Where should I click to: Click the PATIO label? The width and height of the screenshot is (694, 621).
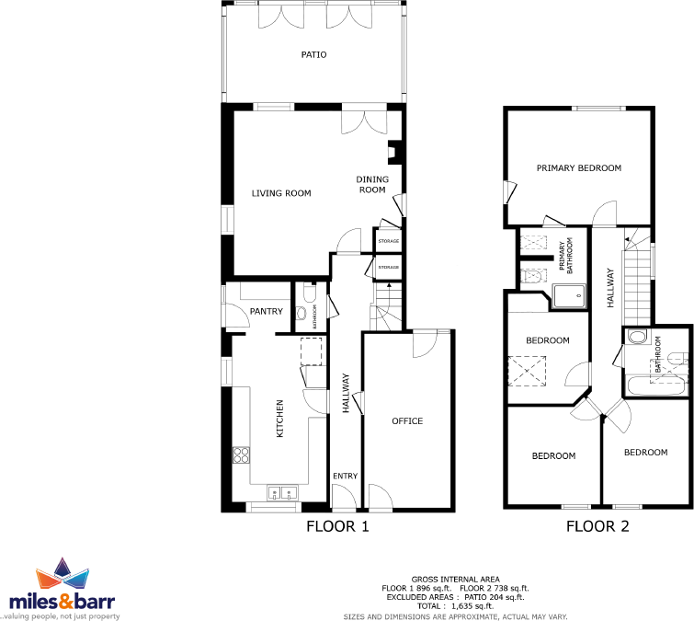(314, 55)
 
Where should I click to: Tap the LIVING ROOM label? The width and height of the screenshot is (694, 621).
(281, 193)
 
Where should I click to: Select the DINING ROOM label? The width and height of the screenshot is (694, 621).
(372, 184)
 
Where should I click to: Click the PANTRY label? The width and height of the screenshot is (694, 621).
(267, 312)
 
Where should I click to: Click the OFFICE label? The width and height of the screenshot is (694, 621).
(407, 421)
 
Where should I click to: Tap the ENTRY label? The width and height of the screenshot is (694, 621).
(345, 476)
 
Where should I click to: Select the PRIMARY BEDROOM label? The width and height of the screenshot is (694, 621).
(579, 168)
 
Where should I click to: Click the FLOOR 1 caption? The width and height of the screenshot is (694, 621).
(337, 527)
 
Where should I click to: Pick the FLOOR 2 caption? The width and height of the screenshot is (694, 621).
(597, 527)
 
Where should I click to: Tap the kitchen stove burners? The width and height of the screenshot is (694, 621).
(243, 454)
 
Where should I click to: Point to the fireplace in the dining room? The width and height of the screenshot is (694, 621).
(393, 151)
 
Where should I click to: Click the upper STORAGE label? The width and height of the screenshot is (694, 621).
(389, 241)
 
